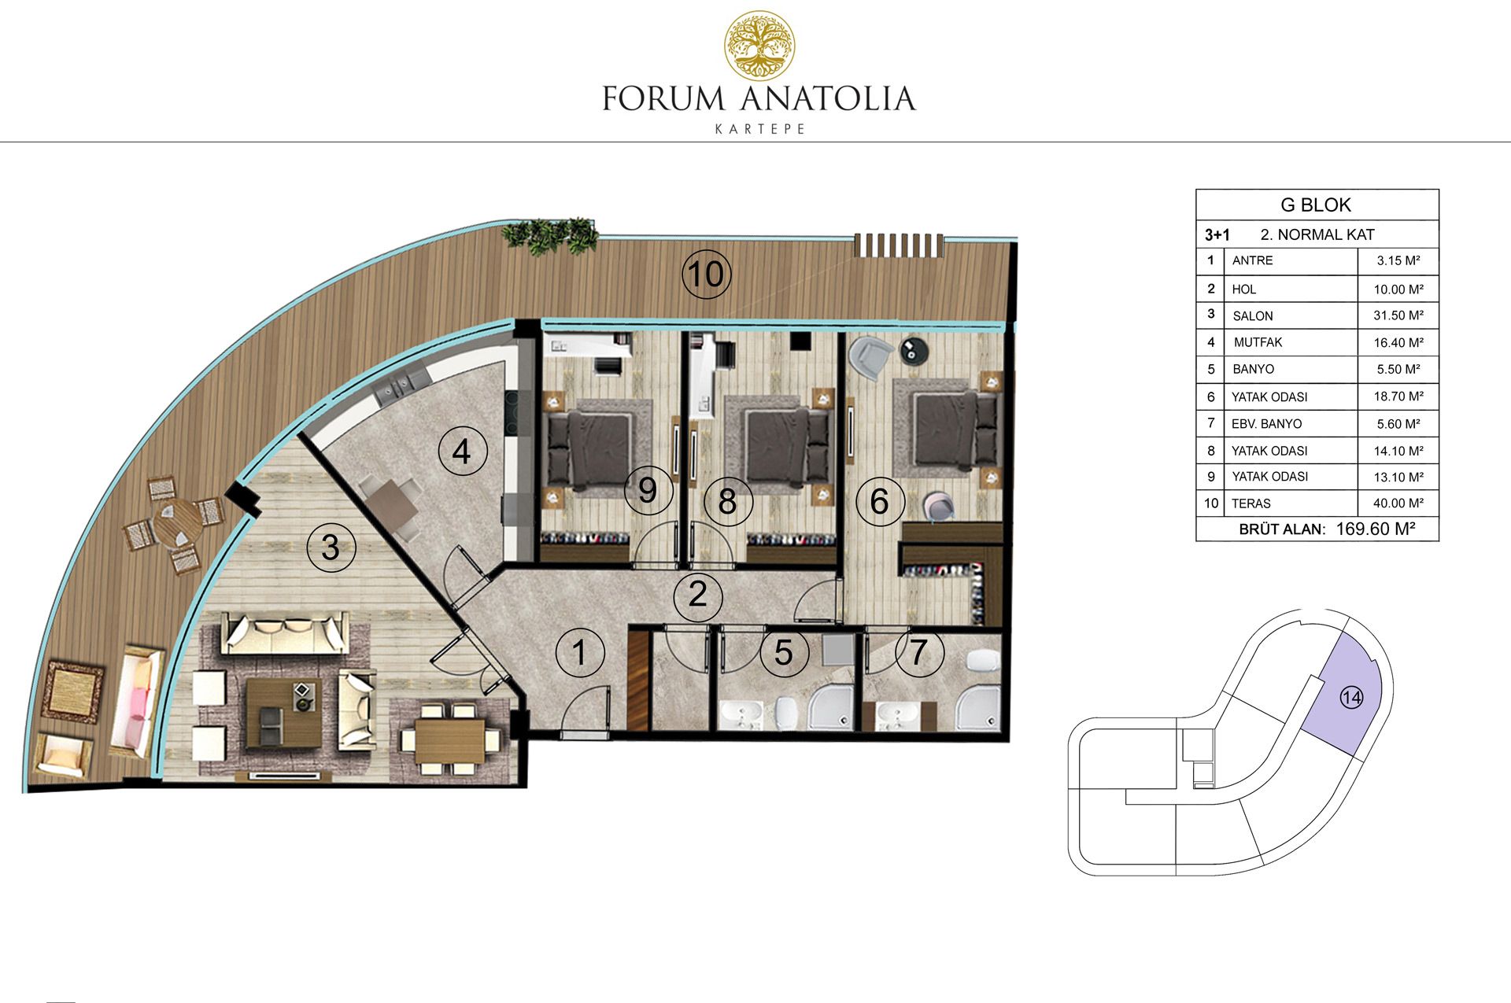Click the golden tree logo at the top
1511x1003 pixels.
(x=759, y=46)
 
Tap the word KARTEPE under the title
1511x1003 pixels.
(x=760, y=129)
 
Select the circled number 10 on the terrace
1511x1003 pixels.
(x=706, y=274)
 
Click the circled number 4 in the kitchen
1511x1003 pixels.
(x=462, y=452)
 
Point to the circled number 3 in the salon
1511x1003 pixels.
(x=331, y=547)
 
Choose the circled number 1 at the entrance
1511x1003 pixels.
(x=580, y=652)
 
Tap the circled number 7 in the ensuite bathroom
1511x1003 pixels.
(x=919, y=652)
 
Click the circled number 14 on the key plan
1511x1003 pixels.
(x=1351, y=698)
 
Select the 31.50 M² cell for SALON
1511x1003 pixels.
(x=1398, y=315)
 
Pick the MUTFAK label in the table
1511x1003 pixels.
(x=1258, y=342)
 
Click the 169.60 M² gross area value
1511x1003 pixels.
(x=1376, y=529)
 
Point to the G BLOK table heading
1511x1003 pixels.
(x=1316, y=205)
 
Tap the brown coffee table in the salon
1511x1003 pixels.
(x=283, y=713)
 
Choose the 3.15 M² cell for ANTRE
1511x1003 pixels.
(x=1398, y=260)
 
